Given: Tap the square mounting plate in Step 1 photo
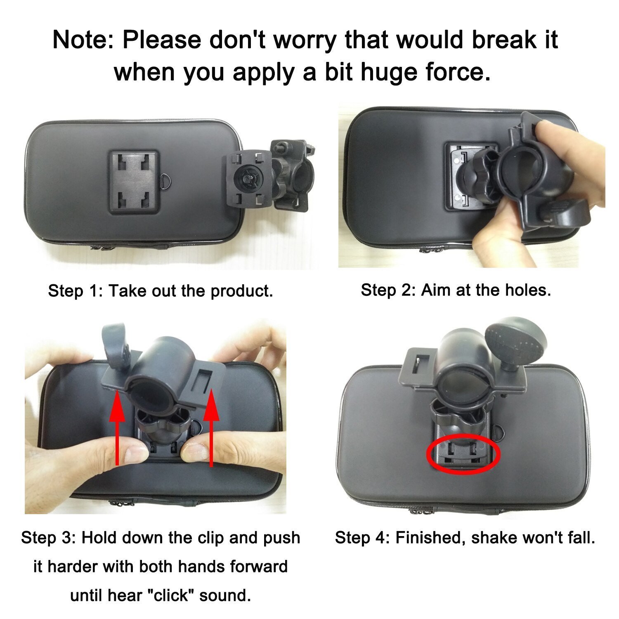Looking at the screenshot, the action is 134,182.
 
